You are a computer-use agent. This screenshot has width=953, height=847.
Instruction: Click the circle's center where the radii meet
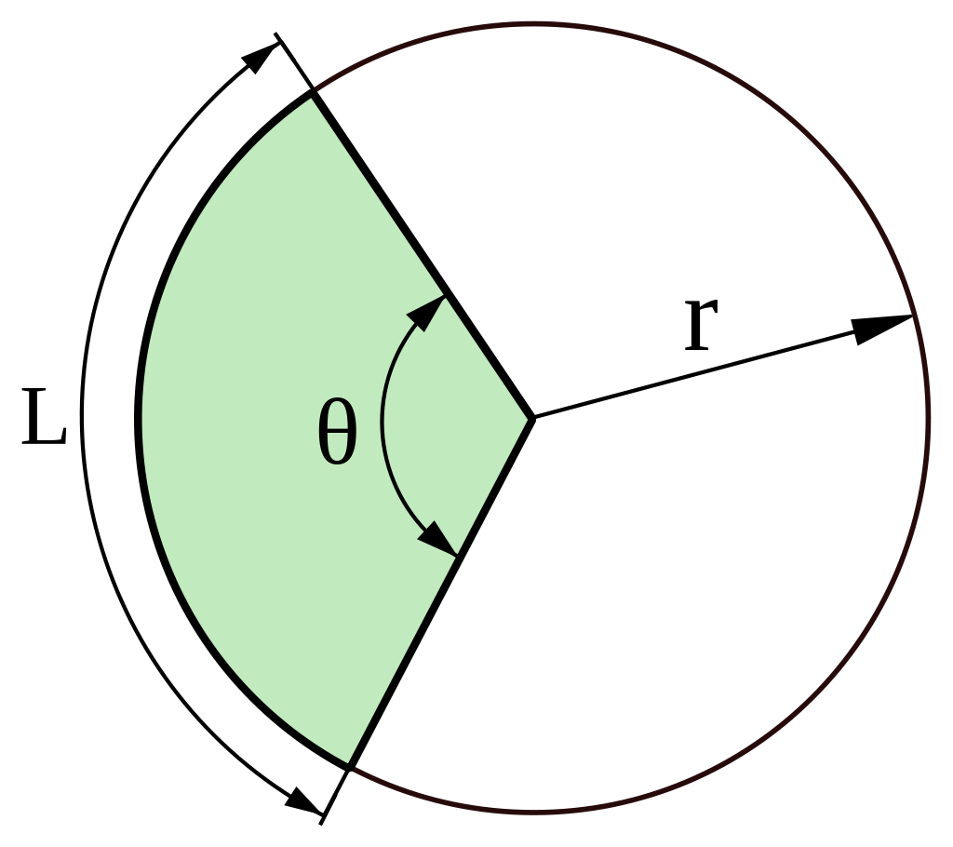532,418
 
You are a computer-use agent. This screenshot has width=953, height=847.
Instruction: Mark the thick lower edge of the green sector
437,596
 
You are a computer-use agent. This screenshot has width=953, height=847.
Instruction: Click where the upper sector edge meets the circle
313,92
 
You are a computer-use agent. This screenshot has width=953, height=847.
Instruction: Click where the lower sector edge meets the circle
350,765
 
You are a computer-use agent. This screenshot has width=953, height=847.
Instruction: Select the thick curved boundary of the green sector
139,419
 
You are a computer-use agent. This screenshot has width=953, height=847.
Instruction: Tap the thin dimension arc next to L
83,419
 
